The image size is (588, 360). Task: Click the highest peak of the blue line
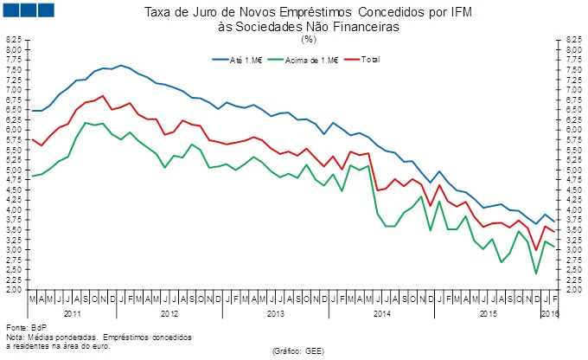coord(121,65)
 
